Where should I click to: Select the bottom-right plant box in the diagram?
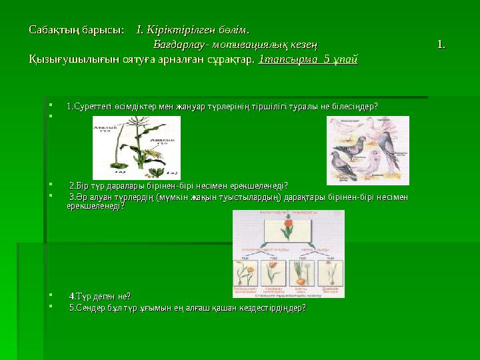click(x=330, y=275)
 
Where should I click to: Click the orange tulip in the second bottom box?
click(x=274, y=273)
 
